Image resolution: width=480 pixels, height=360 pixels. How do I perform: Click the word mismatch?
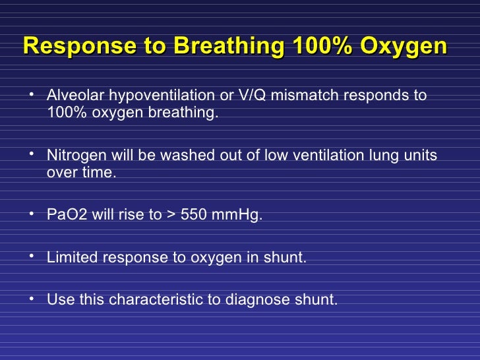(x=284, y=96)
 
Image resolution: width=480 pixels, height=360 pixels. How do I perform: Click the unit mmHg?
(x=240, y=215)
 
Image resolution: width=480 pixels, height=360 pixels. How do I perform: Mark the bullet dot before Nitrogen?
(x=32, y=154)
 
